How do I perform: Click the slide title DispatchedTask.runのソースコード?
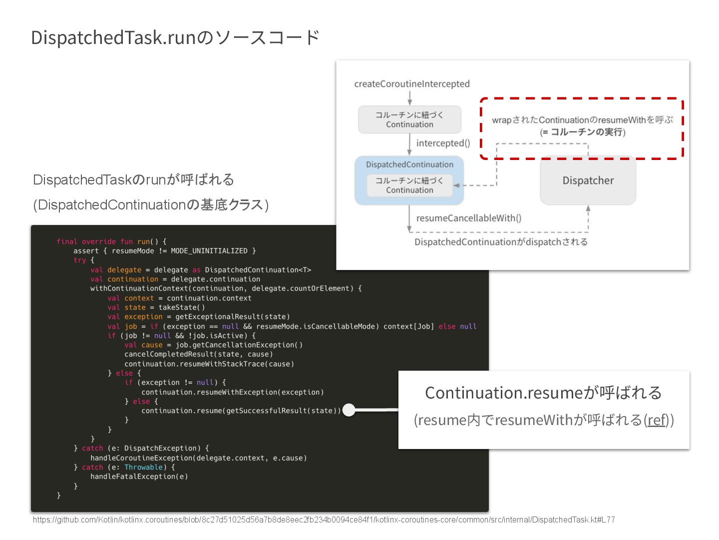point(175,38)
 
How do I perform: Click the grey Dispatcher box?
point(588,180)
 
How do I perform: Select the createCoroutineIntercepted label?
point(411,84)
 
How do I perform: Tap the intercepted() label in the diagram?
point(443,143)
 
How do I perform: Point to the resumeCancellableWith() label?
point(468,218)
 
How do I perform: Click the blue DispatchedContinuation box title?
point(409,164)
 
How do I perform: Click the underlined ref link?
point(657,420)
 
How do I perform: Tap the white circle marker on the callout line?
point(349,410)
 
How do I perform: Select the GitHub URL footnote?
point(324,520)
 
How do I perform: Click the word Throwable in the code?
point(143,467)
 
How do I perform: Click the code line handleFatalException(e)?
point(139,476)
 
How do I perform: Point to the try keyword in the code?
point(80,260)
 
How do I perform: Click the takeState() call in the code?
point(181,307)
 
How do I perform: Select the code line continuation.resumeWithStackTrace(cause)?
point(209,364)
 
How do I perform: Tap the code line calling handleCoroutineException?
point(198,458)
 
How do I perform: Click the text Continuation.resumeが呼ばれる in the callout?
point(543,393)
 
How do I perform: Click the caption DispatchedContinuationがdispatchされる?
point(501,242)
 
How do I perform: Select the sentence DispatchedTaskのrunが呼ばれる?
point(133,180)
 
